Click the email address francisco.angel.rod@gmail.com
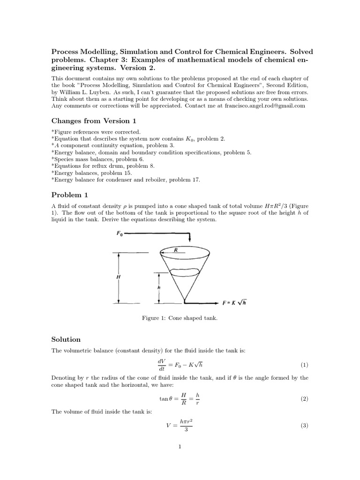pos(264,106)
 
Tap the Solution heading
pos(66,339)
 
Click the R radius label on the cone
pos(176,250)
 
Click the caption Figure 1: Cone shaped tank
pos(180,318)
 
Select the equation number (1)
pos(304,365)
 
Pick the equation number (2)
pos(304,399)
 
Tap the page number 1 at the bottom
pos(180,447)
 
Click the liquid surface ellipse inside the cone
pos(180,271)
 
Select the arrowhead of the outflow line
pos(217,302)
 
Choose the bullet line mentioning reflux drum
pos(103,166)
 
